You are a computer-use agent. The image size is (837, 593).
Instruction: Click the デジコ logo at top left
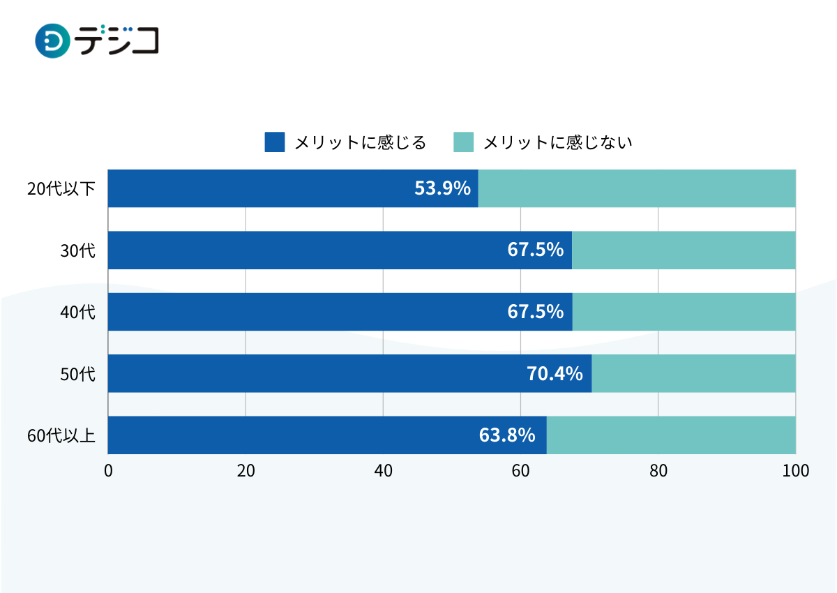coord(97,40)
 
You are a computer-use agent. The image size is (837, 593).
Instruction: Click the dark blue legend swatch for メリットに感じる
coord(275,142)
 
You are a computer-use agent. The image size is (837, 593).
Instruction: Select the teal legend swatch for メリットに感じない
coord(463,142)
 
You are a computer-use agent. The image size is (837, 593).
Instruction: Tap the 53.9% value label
coord(442,188)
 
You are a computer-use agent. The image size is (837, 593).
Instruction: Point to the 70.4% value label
coord(555,374)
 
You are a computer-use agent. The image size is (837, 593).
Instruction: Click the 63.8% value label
coord(507,435)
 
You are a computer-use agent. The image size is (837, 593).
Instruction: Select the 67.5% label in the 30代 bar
coord(536,250)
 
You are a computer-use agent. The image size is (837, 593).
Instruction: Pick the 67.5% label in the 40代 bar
coord(536,312)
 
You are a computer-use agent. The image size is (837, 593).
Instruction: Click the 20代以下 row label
coord(61,189)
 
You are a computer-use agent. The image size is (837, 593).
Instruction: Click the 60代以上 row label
coord(61,436)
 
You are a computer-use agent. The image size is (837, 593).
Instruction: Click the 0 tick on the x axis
coord(108,471)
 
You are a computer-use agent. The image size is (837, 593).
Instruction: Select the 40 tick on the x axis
coord(383,471)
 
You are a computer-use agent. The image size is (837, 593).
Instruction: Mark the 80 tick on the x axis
coord(658,471)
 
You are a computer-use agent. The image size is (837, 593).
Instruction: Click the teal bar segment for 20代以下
coord(637,188)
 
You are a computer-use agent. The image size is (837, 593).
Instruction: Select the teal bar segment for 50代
coord(693,373)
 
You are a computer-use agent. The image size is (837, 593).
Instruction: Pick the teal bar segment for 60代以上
coord(671,435)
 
